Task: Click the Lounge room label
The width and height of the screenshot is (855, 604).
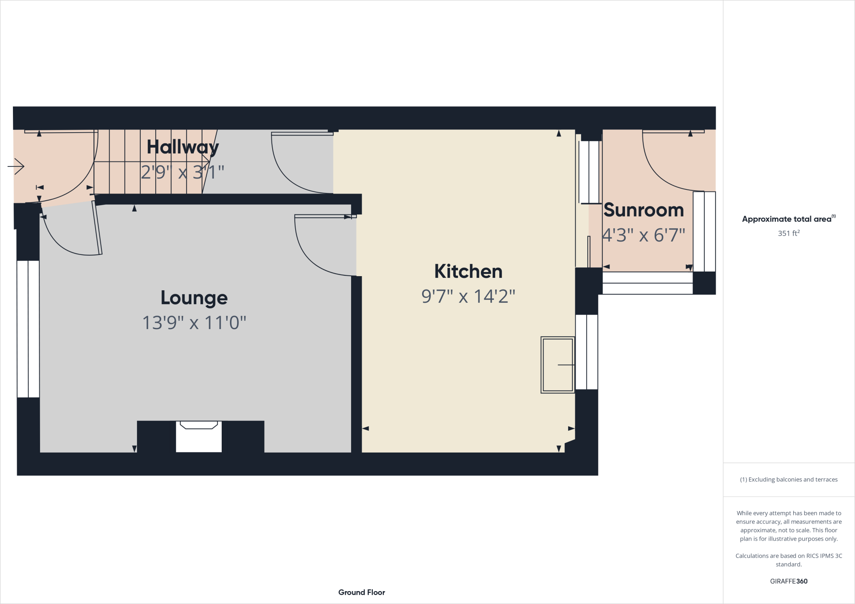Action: click(194, 298)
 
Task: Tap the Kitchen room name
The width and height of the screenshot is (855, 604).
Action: click(468, 272)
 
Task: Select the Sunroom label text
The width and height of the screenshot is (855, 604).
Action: click(643, 210)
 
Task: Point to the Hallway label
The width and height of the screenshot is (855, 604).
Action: click(182, 147)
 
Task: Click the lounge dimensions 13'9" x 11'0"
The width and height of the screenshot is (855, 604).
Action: click(194, 322)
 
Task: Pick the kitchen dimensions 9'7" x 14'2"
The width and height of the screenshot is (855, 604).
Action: click(468, 296)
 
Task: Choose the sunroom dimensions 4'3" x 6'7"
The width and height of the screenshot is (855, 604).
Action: click(643, 235)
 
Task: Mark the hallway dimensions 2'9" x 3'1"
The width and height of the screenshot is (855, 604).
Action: click(182, 172)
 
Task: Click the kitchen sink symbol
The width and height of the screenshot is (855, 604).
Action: click(558, 365)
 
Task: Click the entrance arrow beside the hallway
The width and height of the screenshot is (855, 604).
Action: click(16, 166)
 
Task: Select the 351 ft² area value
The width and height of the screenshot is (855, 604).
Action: click(788, 233)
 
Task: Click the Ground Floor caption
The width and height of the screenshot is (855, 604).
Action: click(362, 592)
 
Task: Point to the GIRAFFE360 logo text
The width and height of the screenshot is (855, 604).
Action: click(789, 581)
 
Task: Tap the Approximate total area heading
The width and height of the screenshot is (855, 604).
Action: click(788, 219)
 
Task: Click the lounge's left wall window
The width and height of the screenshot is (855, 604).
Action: click(28, 329)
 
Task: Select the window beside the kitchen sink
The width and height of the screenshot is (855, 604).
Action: click(587, 352)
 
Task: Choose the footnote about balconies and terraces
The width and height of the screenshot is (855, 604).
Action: click(789, 480)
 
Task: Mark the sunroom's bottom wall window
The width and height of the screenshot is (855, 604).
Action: click(647, 283)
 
